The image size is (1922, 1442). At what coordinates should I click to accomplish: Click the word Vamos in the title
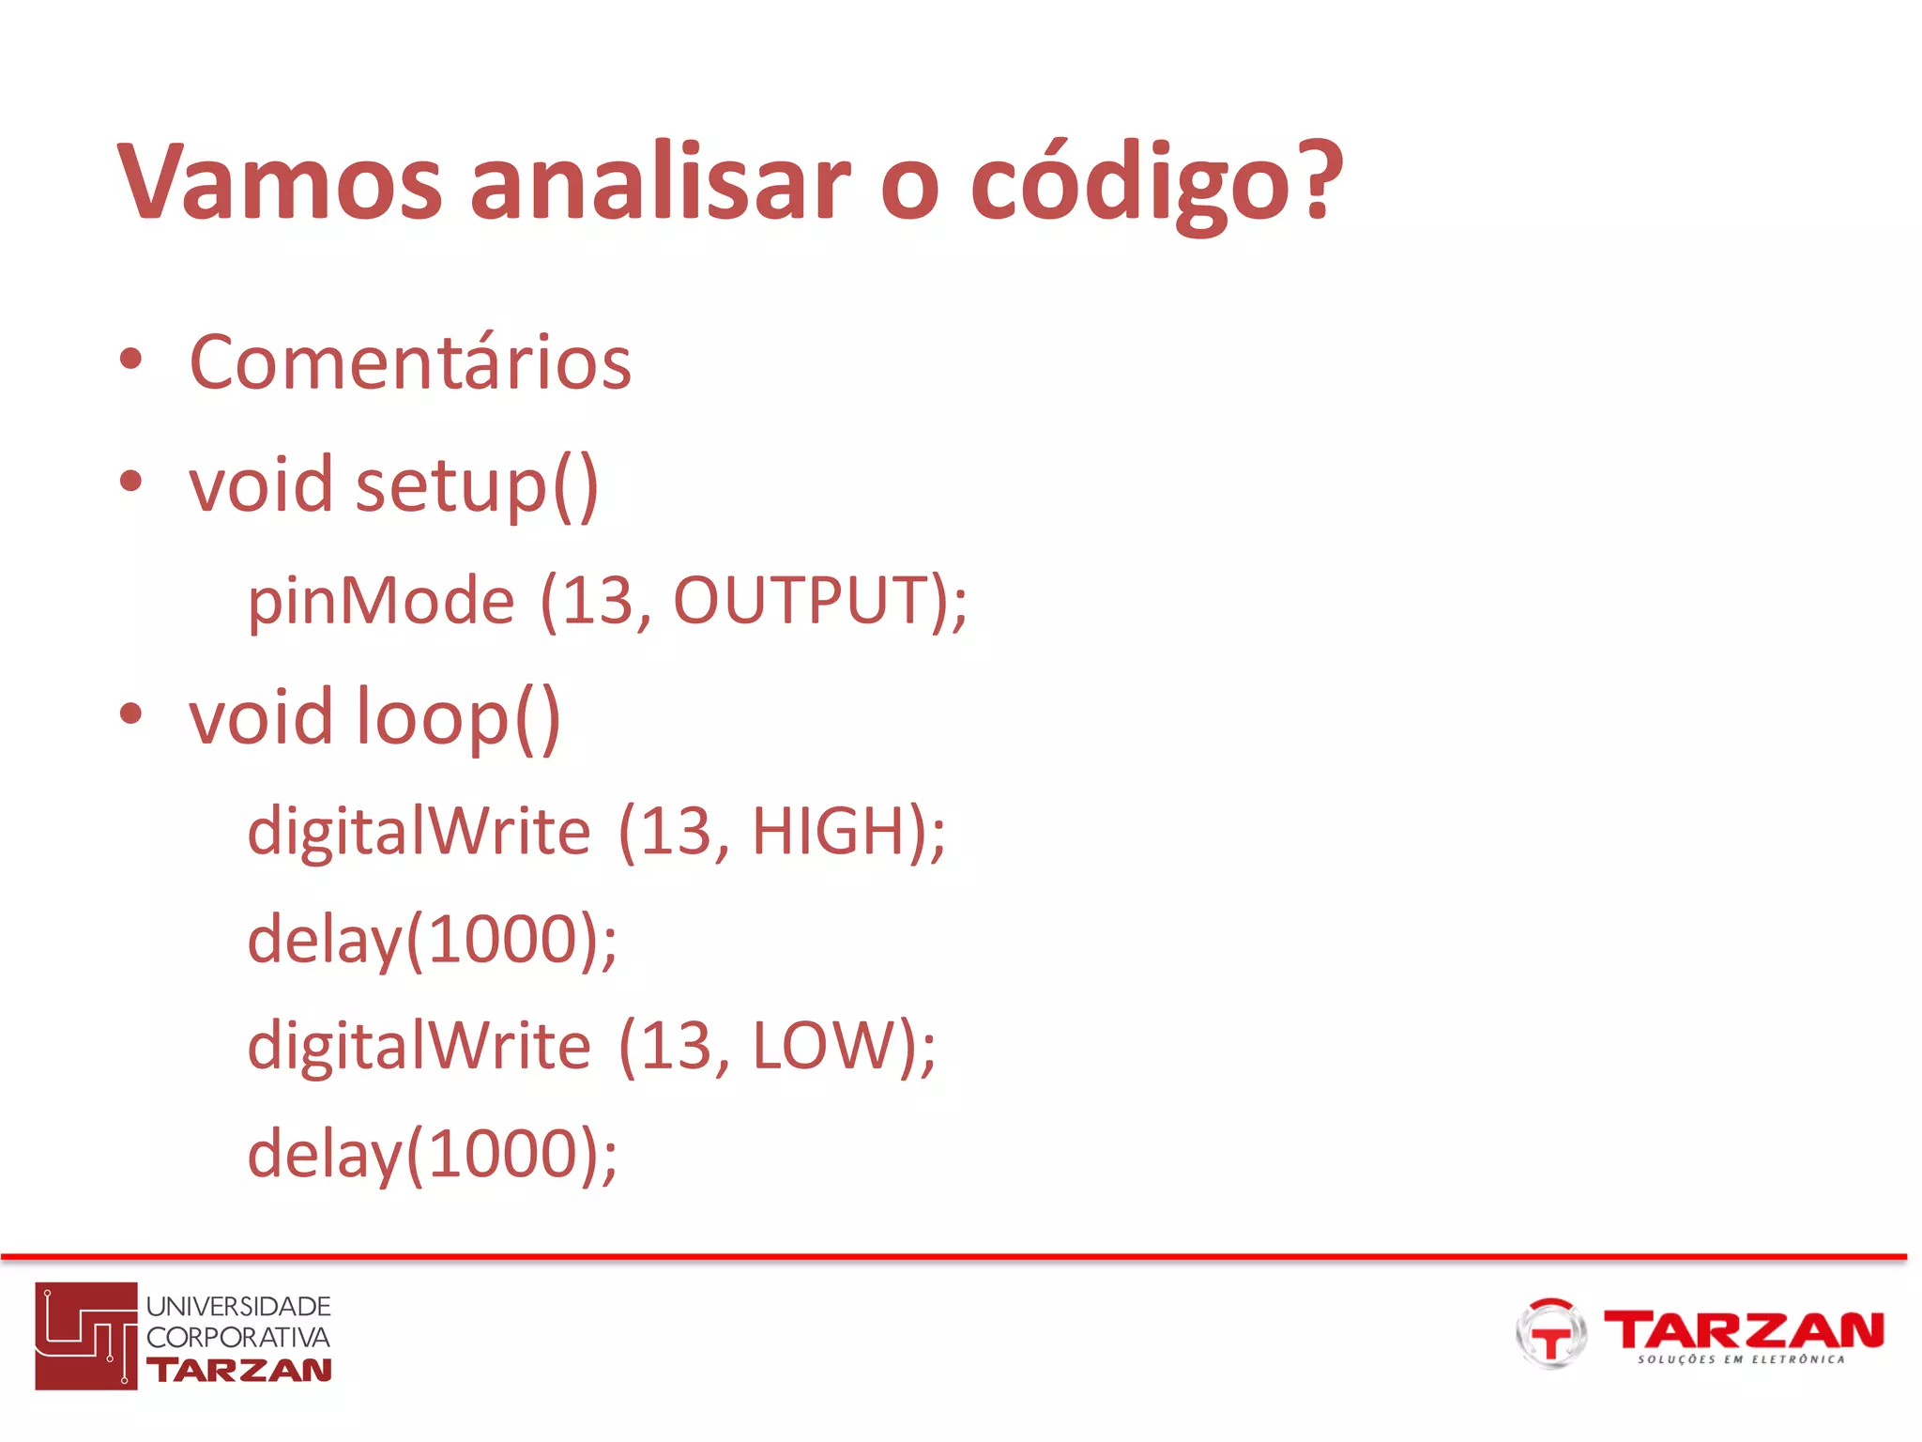pyautogui.click(x=279, y=183)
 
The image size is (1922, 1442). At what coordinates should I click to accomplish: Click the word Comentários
pyautogui.click(x=410, y=362)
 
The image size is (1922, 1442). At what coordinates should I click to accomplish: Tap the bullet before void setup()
pyautogui.click(x=130, y=482)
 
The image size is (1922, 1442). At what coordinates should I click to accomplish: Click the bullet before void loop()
pyautogui.click(x=130, y=713)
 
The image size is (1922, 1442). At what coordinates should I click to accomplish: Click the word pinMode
pyautogui.click(x=380, y=601)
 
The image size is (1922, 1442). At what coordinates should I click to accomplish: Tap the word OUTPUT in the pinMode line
pyautogui.click(x=801, y=601)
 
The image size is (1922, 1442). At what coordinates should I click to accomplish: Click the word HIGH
pyautogui.click(x=828, y=832)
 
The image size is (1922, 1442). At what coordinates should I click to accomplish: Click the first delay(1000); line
pyautogui.click(x=432, y=940)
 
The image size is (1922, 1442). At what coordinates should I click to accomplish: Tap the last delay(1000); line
pyautogui.click(x=432, y=1155)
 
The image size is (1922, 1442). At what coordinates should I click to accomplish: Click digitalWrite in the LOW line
pyautogui.click(x=419, y=1046)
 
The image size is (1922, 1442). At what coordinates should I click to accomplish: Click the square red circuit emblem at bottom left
pyautogui.click(x=86, y=1335)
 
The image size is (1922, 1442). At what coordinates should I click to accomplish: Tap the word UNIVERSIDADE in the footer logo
pyautogui.click(x=238, y=1306)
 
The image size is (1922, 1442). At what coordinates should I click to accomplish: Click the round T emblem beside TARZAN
pyautogui.click(x=1550, y=1333)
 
